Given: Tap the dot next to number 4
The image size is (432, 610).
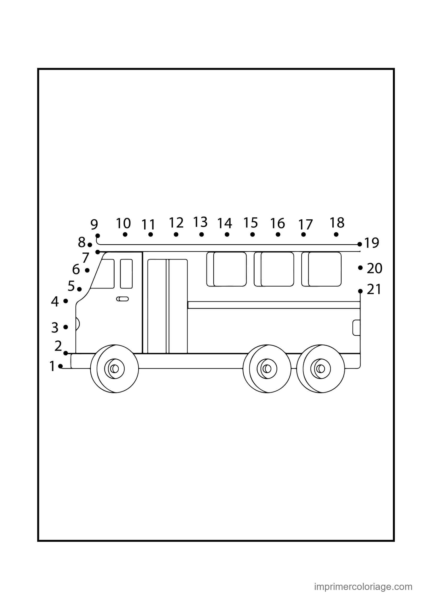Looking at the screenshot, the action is point(66,301).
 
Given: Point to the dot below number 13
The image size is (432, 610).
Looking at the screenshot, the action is point(201,234).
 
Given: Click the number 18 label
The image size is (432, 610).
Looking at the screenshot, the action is point(337,223).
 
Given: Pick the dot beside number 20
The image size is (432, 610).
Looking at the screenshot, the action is point(360,268).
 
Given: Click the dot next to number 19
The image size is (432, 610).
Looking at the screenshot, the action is point(360,244).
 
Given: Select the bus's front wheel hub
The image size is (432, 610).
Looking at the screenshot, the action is point(114,369).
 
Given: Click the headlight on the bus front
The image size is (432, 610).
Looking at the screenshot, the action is point(77,324).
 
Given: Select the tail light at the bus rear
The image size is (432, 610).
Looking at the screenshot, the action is point(357,328).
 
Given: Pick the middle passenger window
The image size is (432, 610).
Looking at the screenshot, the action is point(274,269).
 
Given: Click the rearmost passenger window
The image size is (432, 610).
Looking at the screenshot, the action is point(321,269).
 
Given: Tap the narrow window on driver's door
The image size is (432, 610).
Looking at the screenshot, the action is point(126,274).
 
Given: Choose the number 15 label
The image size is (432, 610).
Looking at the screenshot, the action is point(250,223).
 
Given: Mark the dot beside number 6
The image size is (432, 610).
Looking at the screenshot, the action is point(87,270).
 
